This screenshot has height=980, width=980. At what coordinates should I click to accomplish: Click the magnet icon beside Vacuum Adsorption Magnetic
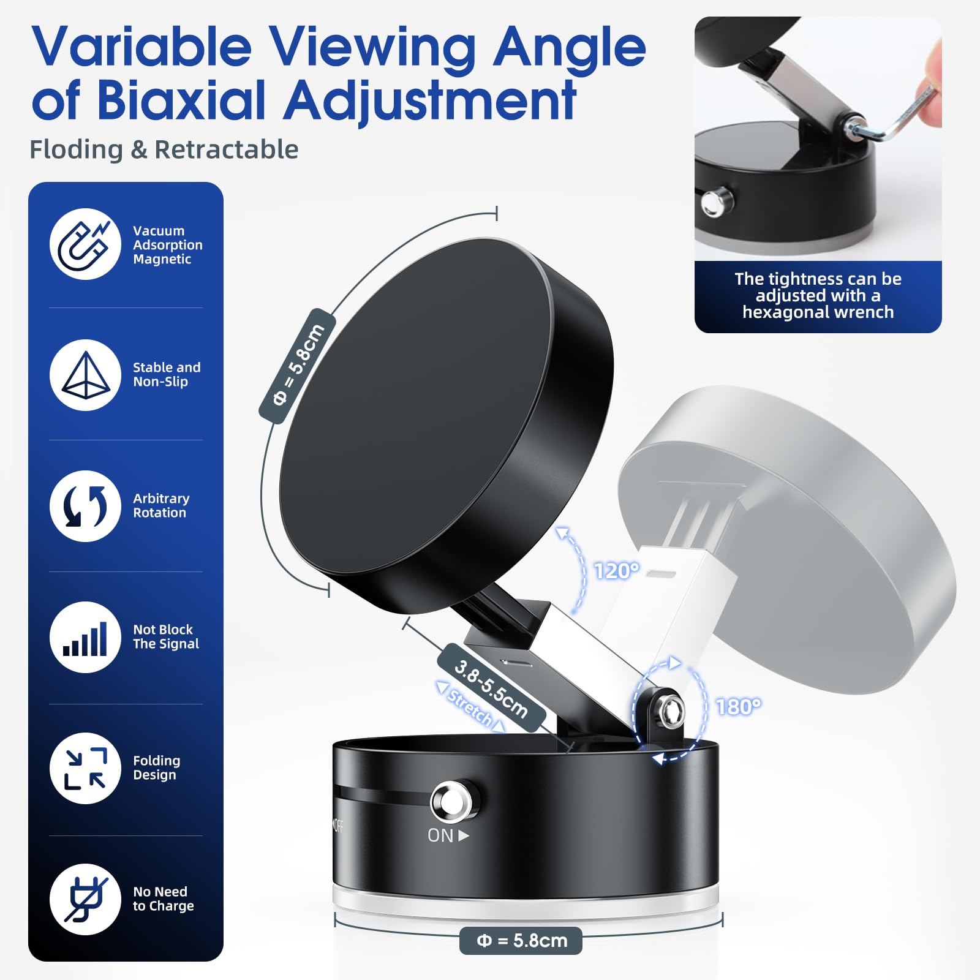pos(85,244)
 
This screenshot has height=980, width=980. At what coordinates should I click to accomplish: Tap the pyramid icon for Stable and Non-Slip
pos(85,375)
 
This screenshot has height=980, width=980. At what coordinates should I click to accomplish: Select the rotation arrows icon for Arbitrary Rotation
pos(85,506)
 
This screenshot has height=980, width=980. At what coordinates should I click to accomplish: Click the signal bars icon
pos(85,638)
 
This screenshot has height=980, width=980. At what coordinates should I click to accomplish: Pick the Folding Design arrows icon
pos(85,768)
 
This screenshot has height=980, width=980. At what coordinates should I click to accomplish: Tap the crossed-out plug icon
pos(85,899)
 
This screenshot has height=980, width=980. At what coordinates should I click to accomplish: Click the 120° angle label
pos(617,571)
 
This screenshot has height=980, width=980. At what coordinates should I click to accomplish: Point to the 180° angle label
pos(739,707)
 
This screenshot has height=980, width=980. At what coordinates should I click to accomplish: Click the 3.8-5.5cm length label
pos(491,688)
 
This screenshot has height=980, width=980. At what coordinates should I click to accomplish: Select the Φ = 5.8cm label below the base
pos(521,940)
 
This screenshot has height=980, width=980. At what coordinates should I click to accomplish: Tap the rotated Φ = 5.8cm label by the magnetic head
pos(298,365)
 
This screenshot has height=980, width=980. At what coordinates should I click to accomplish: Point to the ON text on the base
pos(440,835)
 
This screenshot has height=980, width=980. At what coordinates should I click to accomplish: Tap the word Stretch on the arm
pos(470,708)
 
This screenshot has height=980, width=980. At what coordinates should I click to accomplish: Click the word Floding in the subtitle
pos(77,150)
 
